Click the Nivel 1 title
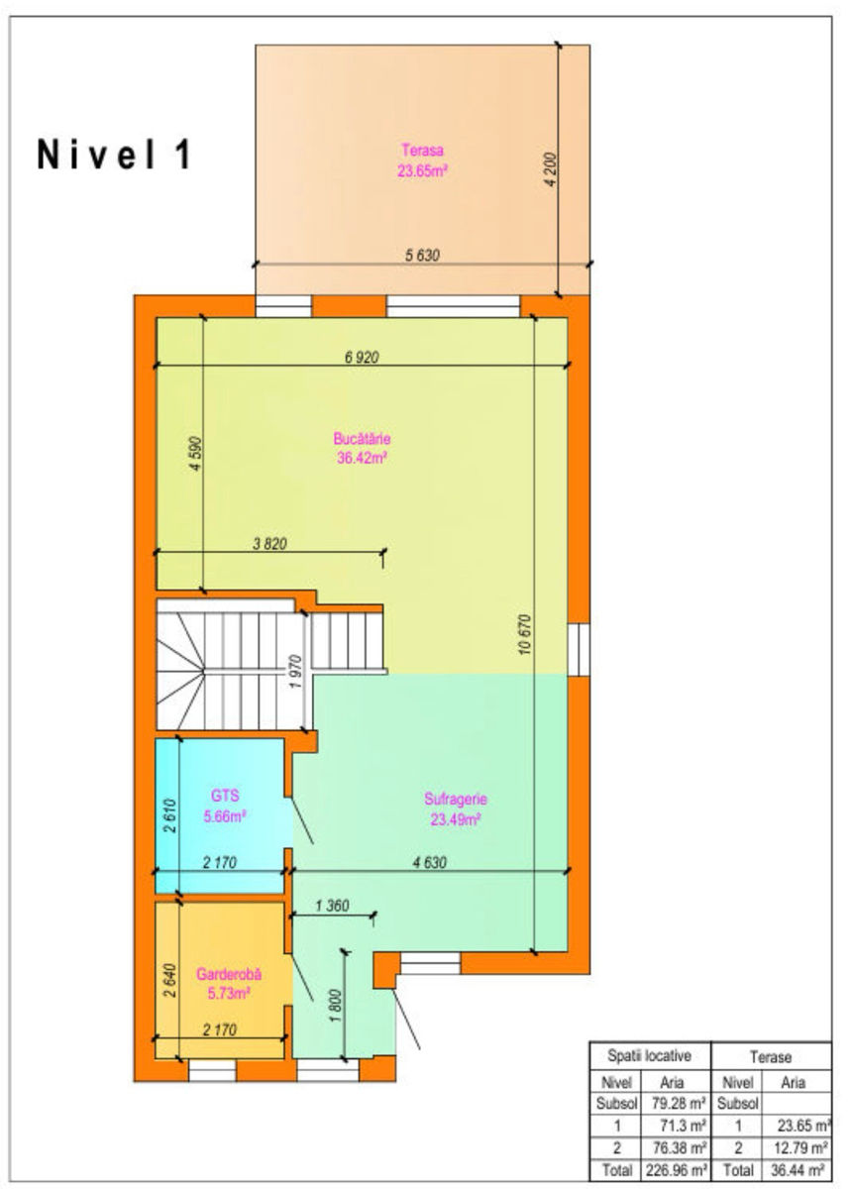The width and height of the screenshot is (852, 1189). tap(114, 155)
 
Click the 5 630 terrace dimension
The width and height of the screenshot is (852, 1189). tap(422, 256)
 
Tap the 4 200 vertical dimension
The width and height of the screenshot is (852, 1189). tap(551, 169)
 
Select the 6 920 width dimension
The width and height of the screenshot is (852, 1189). tap(362, 358)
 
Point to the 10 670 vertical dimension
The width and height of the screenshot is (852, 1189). tap(525, 634)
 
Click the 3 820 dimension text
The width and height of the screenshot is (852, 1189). tap(269, 544)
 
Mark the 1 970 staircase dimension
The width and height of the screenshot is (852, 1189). tap(296, 672)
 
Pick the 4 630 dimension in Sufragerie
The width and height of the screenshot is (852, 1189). tap(429, 862)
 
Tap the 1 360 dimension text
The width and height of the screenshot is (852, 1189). tap(332, 905)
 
